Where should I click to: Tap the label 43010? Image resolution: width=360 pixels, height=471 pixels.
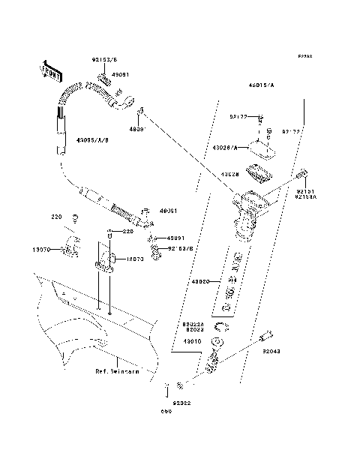click(x=193, y=340)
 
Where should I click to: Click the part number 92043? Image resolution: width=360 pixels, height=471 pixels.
click(x=271, y=351)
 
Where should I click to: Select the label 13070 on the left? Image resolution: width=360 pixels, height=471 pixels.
click(x=41, y=250)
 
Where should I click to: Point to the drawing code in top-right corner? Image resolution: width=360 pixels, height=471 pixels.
click(x=304, y=56)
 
